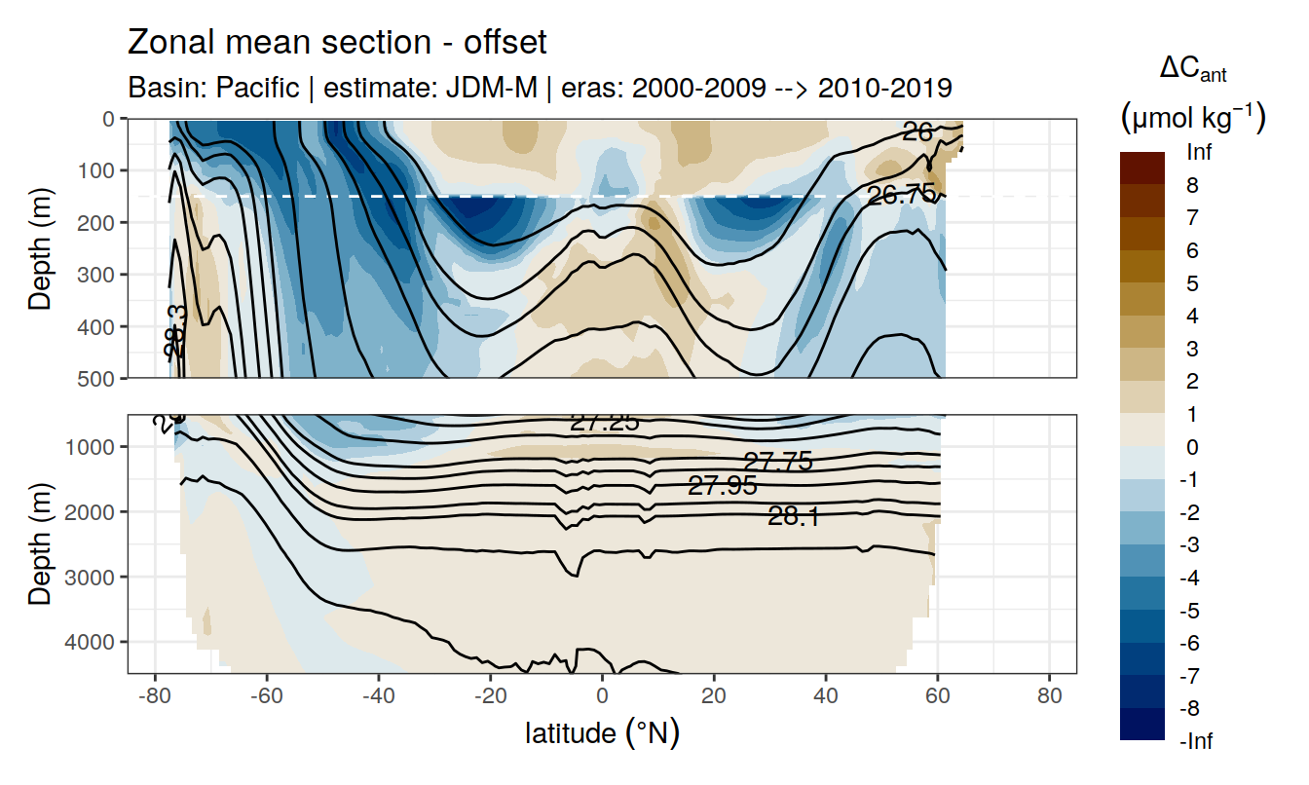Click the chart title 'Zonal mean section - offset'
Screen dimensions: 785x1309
(337, 43)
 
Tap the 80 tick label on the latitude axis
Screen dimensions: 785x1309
(1049, 698)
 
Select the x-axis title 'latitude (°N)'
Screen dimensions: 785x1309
(602, 732)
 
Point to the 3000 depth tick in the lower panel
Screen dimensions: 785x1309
(90, 577)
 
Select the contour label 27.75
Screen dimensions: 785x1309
(777, 462)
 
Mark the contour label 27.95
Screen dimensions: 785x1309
(722, 485)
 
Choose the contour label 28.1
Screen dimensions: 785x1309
(793, 517)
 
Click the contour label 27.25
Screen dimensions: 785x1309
(604, 422)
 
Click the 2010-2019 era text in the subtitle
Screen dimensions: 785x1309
(884, 88)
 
